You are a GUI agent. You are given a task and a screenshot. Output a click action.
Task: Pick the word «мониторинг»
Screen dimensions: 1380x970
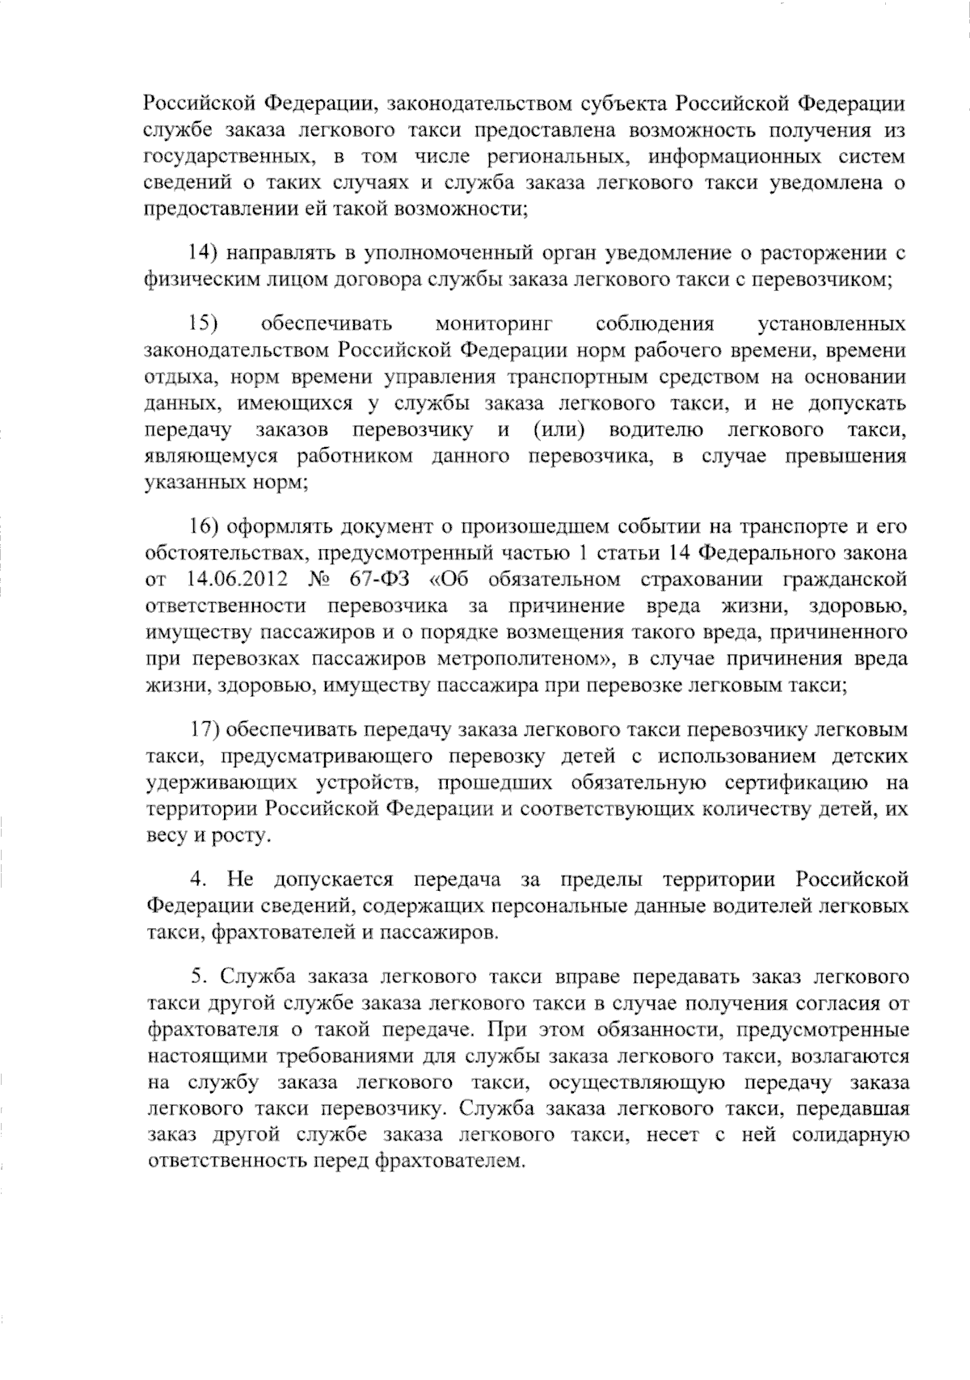click(494, 325)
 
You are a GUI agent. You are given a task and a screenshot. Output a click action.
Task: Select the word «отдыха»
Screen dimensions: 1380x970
click(179, 378)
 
